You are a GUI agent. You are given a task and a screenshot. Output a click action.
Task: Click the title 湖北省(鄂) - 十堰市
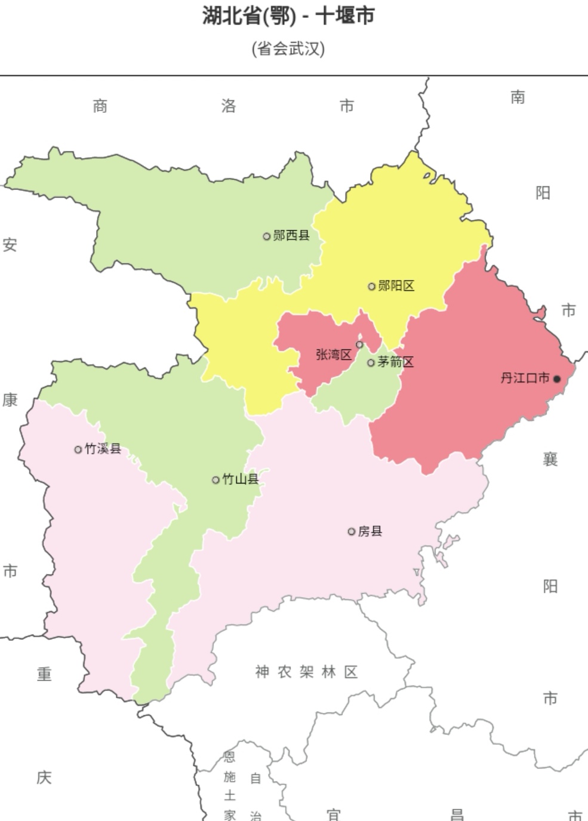coord(288,16)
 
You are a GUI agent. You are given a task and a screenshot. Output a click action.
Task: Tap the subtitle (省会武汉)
coord(288,48)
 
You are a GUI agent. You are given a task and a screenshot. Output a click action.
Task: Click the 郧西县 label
coord(291,235)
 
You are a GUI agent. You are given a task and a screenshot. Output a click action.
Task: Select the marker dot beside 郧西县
coord(267,236)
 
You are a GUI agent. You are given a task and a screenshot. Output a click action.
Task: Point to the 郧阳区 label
coord(396,286)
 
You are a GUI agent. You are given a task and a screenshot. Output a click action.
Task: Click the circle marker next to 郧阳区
coord(371,286)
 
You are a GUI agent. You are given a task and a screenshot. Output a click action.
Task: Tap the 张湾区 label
coord(333,355)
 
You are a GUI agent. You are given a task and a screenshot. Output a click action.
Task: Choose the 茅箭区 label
coord(395,362)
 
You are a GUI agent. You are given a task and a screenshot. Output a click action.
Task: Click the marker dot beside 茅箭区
coord(371,363)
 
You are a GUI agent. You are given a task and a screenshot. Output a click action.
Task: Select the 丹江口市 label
coord(525,378)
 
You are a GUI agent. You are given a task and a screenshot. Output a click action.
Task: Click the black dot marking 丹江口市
coord(557,379)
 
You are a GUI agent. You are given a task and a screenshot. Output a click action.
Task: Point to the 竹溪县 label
coord(103,449)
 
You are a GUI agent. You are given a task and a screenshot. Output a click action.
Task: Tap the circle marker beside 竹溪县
coord(78,449)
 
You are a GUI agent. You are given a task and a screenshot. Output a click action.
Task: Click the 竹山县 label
coord(241,479)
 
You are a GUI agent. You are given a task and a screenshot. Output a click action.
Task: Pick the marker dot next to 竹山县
coord(216,480)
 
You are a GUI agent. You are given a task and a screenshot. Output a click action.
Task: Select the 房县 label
coord(370,531)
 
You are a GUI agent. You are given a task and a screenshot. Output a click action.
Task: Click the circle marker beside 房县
coord(352,531)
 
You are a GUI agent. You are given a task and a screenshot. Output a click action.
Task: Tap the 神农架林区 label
coord(306,672)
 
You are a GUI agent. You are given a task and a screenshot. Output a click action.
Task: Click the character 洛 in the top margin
coord(229,106)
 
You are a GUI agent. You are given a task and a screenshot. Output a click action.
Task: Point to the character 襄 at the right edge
coord(550,459)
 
